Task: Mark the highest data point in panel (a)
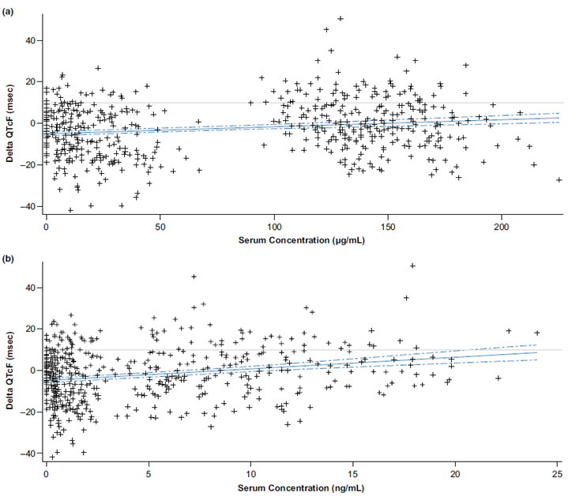pyautogui.click(x=341, y=18)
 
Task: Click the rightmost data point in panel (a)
pyautogui.click(x=559, y=180)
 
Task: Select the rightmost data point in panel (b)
pyautogui.click(x=537, y=333)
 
